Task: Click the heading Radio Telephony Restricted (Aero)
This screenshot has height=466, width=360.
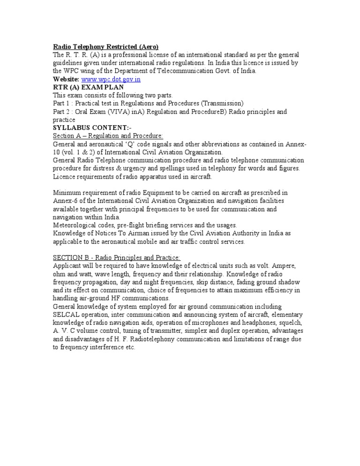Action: pyautogui.click(x=105, y=46)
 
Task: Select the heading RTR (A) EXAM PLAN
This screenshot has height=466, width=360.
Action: pyautogui.click(x=89, y=87)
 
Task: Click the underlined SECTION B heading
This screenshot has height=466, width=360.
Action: pyautogui.click(x=117, y=257)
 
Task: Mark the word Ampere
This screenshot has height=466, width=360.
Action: pyautogui.click(x=282, y=266)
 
